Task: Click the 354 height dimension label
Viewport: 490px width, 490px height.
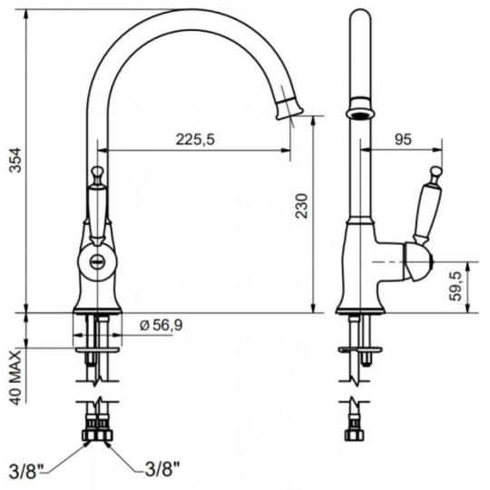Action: [15, 160]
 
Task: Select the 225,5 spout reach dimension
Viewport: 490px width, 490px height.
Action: [195, 140]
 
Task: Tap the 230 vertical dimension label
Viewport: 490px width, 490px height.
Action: [302, 206]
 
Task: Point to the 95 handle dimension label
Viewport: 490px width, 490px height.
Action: [403, 139]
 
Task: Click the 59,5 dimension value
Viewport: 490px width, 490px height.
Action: [456, 286]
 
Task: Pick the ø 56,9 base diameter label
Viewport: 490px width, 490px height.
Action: [161, 326]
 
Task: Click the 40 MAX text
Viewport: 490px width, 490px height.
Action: [15, 377]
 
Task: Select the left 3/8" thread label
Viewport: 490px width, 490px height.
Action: [27, 471]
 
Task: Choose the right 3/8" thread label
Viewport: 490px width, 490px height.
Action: [162, 469]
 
